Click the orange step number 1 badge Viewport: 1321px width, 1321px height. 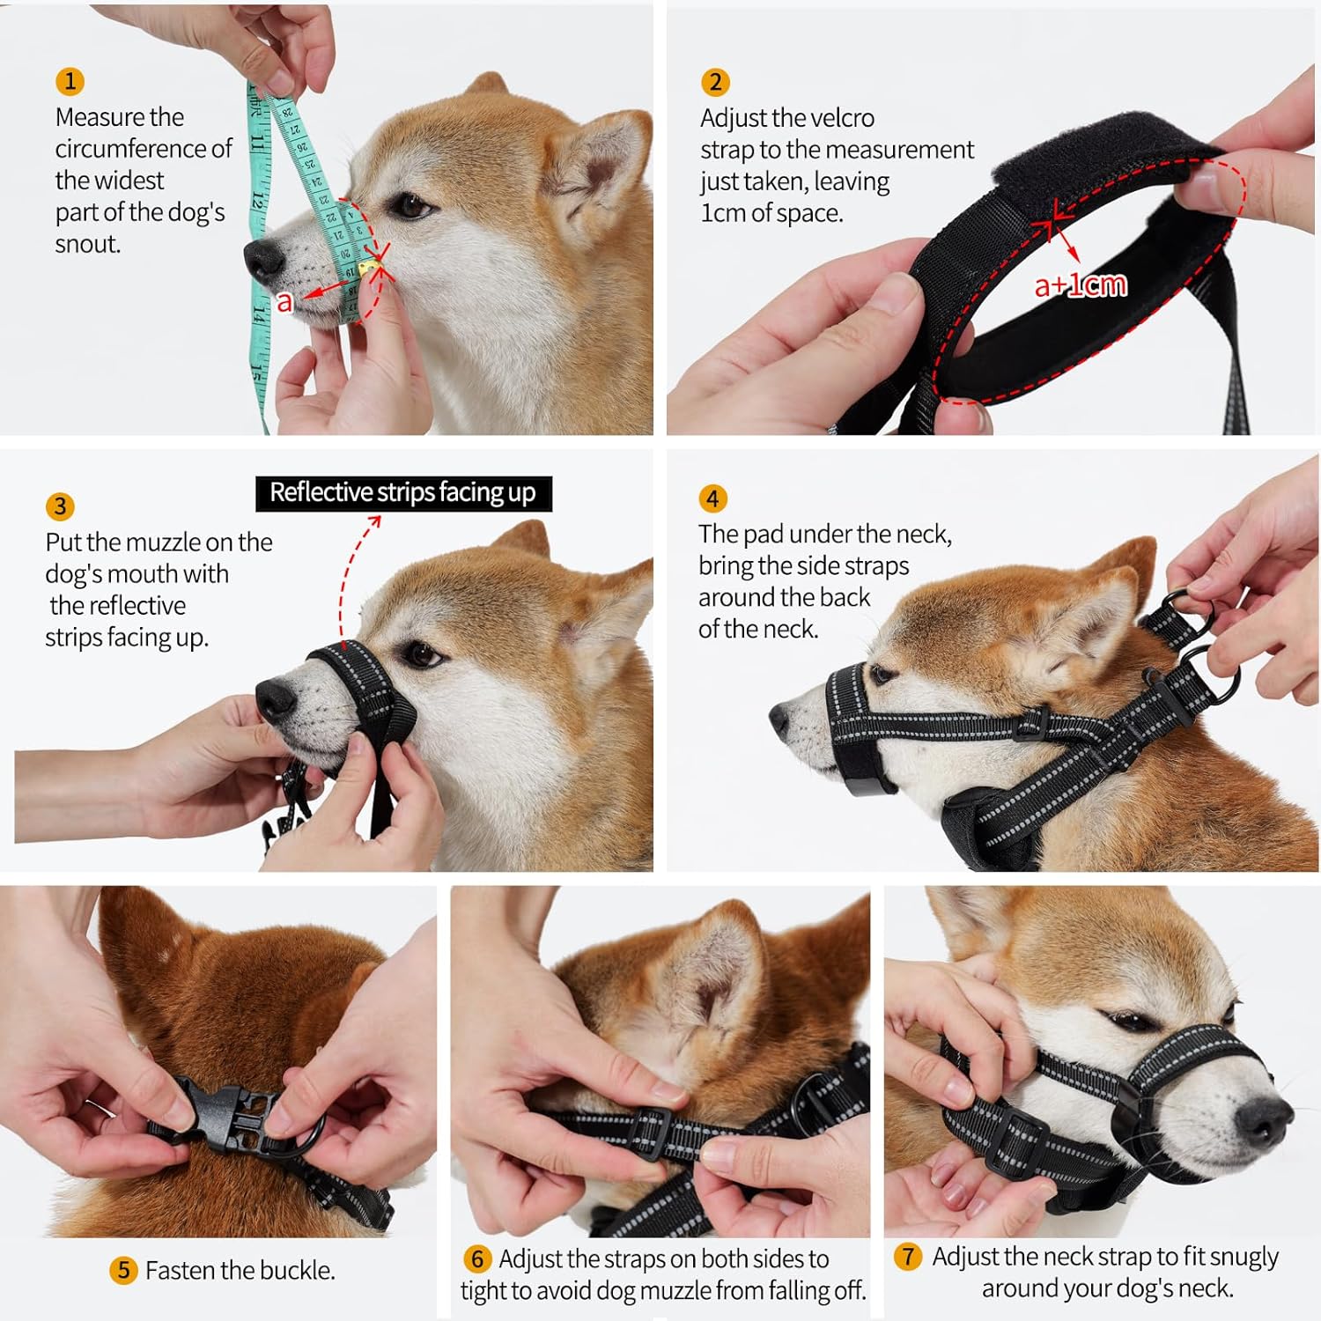coord(70,82)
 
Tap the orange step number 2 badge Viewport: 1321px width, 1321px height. coord(715,82)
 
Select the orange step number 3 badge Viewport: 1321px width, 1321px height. coord(60,506)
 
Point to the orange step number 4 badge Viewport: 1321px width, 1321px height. coord(712,498)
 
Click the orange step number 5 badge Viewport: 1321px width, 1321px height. coord(123,1270)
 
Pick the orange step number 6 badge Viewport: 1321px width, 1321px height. coord(476,1258)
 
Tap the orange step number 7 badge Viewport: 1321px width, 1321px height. coord(908,1256)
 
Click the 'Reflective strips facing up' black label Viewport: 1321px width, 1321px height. coord(403,493)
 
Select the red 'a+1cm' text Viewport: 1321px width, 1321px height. coord(1080,285)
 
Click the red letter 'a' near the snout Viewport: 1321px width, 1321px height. coord(284,302)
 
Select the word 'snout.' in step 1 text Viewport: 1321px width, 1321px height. coord(88,244)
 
